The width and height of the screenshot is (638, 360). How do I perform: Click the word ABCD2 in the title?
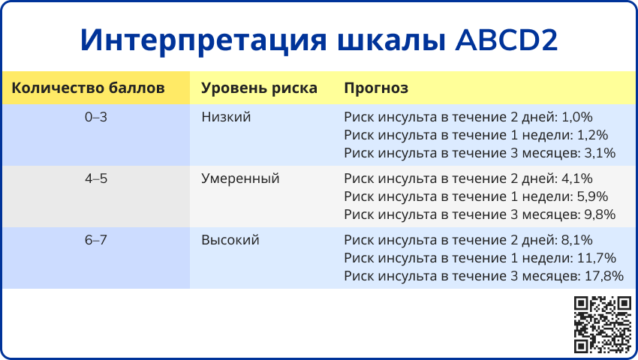pos(506,40)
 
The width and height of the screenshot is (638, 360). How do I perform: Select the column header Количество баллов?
pos(88,88)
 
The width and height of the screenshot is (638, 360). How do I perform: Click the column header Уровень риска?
pos(259,88)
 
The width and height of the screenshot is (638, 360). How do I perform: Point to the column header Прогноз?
pos(376,88)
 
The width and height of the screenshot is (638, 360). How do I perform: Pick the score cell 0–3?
pos(96,117)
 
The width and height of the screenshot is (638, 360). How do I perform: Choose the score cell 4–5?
pos(96,178)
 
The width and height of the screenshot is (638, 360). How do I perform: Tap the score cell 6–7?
pos(96,240)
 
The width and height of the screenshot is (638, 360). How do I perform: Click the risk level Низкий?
pos(226,117)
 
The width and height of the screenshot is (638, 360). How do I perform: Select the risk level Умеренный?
pos(240,179)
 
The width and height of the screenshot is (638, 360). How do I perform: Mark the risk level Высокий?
pos(230,240)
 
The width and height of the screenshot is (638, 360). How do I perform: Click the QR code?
pos(603,325)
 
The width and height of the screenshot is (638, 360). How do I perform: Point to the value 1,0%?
pos(577,117)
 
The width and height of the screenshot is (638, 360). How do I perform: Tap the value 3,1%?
pos(600,153)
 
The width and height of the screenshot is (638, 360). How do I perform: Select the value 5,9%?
pos(592,196)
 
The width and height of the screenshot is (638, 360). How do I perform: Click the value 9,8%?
pos(600,214)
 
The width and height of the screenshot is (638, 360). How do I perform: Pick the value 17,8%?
pos(604,276)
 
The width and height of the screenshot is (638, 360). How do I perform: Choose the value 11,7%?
pos(597,258)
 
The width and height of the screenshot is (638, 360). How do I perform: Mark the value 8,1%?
pos(577,240)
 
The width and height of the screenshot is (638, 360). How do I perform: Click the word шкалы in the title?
pos(391,40)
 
